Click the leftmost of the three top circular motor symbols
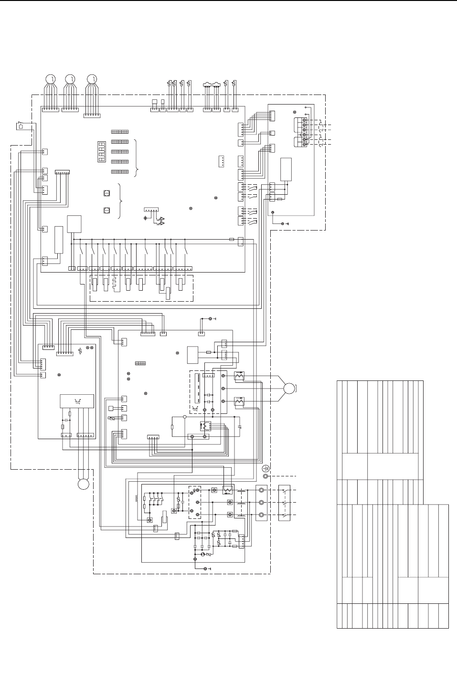tap(50, 79)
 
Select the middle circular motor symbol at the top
tap(70, 79)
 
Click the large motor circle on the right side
tap(289, 388)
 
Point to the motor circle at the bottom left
tap(84, 484)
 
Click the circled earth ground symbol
tap(266, 469)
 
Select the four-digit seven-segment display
tap(102, 151)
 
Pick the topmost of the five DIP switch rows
tap(120, 132)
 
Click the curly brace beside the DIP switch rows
tap(137, 158)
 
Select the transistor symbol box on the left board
tap(76, 401)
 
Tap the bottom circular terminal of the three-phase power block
tap(261, 515)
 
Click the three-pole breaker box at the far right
tap(284, 503)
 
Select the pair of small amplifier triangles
tap(163, 221)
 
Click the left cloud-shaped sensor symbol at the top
tap(207, 84)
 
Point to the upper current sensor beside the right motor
tap(240, 377)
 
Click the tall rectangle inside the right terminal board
tap(286, 169)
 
